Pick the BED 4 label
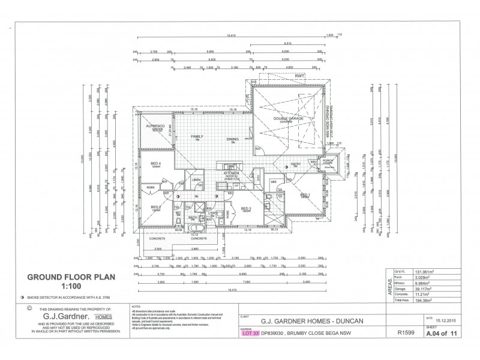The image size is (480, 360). [155, 164]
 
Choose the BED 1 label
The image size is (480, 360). [305, 195]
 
